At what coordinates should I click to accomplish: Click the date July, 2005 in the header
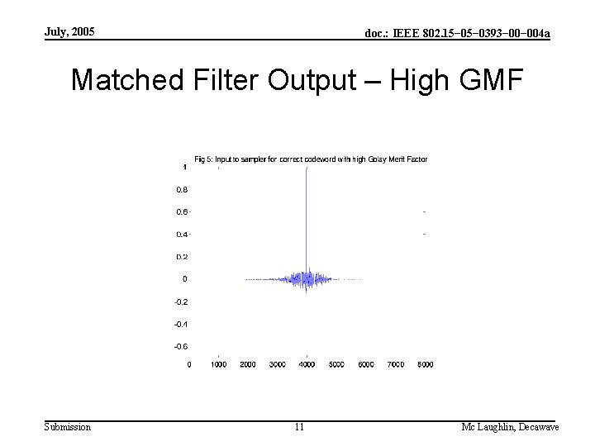click(x=70, y=32)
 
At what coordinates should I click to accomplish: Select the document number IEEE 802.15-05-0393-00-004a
click(x=458, y=33)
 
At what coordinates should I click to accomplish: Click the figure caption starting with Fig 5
click(x=310, y=159)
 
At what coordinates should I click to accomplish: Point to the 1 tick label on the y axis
click(x=184, y=167)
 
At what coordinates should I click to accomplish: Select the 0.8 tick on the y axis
click(x=181, y=189)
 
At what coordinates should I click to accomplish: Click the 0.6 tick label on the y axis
click(x=181, y=211)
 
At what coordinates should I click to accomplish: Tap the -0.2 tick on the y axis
click(x=180, y=301)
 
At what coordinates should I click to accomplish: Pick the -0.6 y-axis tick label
click(x=180, y=346)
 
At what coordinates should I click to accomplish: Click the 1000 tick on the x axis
click(x=218, y=364)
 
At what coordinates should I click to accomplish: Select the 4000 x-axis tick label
click(x=307, y=364)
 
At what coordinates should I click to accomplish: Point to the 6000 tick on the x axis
click(x=366, y=364)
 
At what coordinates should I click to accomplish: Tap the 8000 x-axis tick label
click(x=425, y=364)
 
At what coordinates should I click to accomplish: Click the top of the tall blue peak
click(x=307, y=168)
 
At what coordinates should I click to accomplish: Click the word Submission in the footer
click(x=68, y=426)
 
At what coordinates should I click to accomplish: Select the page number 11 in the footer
click(x=299, y=427)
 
